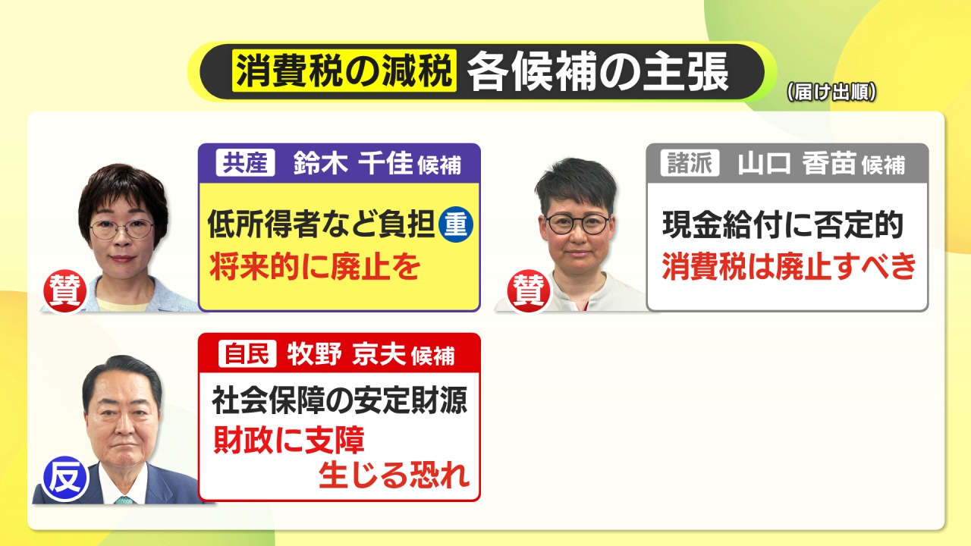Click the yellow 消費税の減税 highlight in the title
point(344,71)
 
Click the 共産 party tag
point(245,162)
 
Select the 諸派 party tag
point(690,162)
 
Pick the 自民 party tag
point(247,353)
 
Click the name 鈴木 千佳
point(353,163)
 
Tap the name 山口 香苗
point(797,163)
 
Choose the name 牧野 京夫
point(346,354)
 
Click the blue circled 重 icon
point(456,224)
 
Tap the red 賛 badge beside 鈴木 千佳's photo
point(65,290)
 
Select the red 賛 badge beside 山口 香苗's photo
point(529,290)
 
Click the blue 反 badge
point(65,479)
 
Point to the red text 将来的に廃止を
point(315,266)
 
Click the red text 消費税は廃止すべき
point(789,265)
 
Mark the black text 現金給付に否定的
point(783,224)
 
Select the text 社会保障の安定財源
point(339,400)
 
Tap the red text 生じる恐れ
point(394,475)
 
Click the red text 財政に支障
point(289,439)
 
